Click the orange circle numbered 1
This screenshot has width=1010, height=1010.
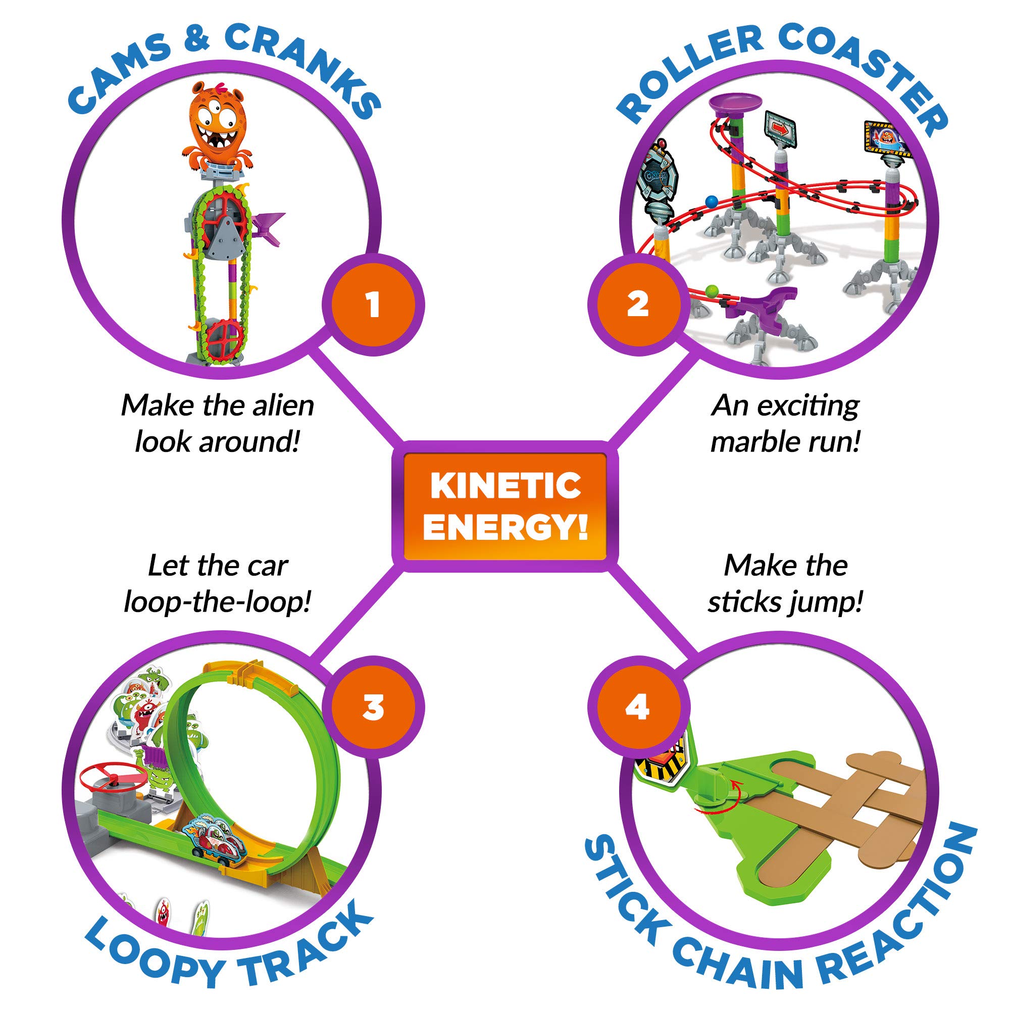click(373, 305)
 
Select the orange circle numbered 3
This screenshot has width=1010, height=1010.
click(373, 708)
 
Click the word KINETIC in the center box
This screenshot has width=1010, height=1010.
click(505, 486)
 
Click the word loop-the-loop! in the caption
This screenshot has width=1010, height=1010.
click(217, 602)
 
